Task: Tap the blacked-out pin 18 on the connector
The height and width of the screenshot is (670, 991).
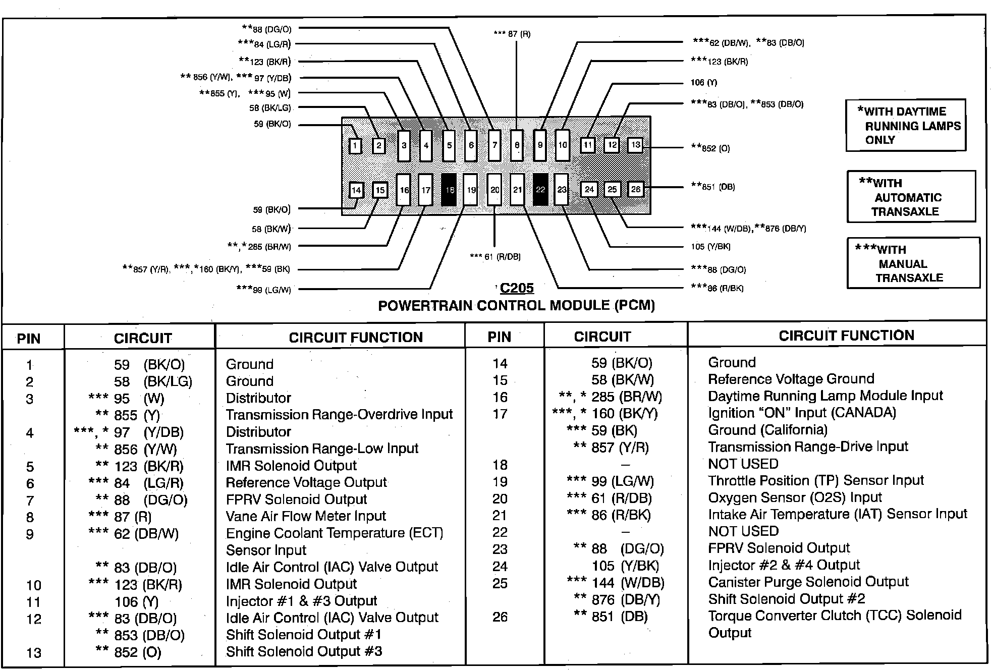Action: (x=449, y=190)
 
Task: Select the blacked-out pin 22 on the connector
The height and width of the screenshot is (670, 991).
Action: (x=540, y=190)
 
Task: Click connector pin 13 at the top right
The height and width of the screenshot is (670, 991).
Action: (x=635, y=145)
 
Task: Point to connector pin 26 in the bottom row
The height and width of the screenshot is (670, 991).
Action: (x=635, y=189)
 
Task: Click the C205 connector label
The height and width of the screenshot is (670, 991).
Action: (x=517, y=288)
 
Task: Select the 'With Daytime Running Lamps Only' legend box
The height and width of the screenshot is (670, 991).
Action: (x=906, y=126)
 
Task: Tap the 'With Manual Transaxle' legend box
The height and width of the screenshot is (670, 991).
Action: (x=913, y=263)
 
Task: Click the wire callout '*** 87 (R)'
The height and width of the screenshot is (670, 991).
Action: (x=512, y=34)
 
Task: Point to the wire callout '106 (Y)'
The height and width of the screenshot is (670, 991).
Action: (x=703, y=83)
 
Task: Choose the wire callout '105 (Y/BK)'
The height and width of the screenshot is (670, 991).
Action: (x=710, y=247)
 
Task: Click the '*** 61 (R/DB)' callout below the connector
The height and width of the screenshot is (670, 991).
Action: (x=495, y=257)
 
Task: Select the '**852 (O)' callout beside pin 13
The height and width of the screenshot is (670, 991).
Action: (x=710, y=148)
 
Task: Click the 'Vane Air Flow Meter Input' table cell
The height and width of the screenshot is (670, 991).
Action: (x=306, y=516)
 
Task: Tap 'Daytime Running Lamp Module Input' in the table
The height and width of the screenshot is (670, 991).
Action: (x=825, y=396)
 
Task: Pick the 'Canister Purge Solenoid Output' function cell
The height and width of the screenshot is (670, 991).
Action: (x=808, y=582)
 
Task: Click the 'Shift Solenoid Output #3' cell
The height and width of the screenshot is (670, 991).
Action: (x=304, y=651)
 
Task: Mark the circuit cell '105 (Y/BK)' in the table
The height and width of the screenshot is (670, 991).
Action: (x=625, y=566)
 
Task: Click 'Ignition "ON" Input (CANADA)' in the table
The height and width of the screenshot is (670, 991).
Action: (x=802, y=413)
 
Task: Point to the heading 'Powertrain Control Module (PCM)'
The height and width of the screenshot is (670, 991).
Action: (x=516, y=305)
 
